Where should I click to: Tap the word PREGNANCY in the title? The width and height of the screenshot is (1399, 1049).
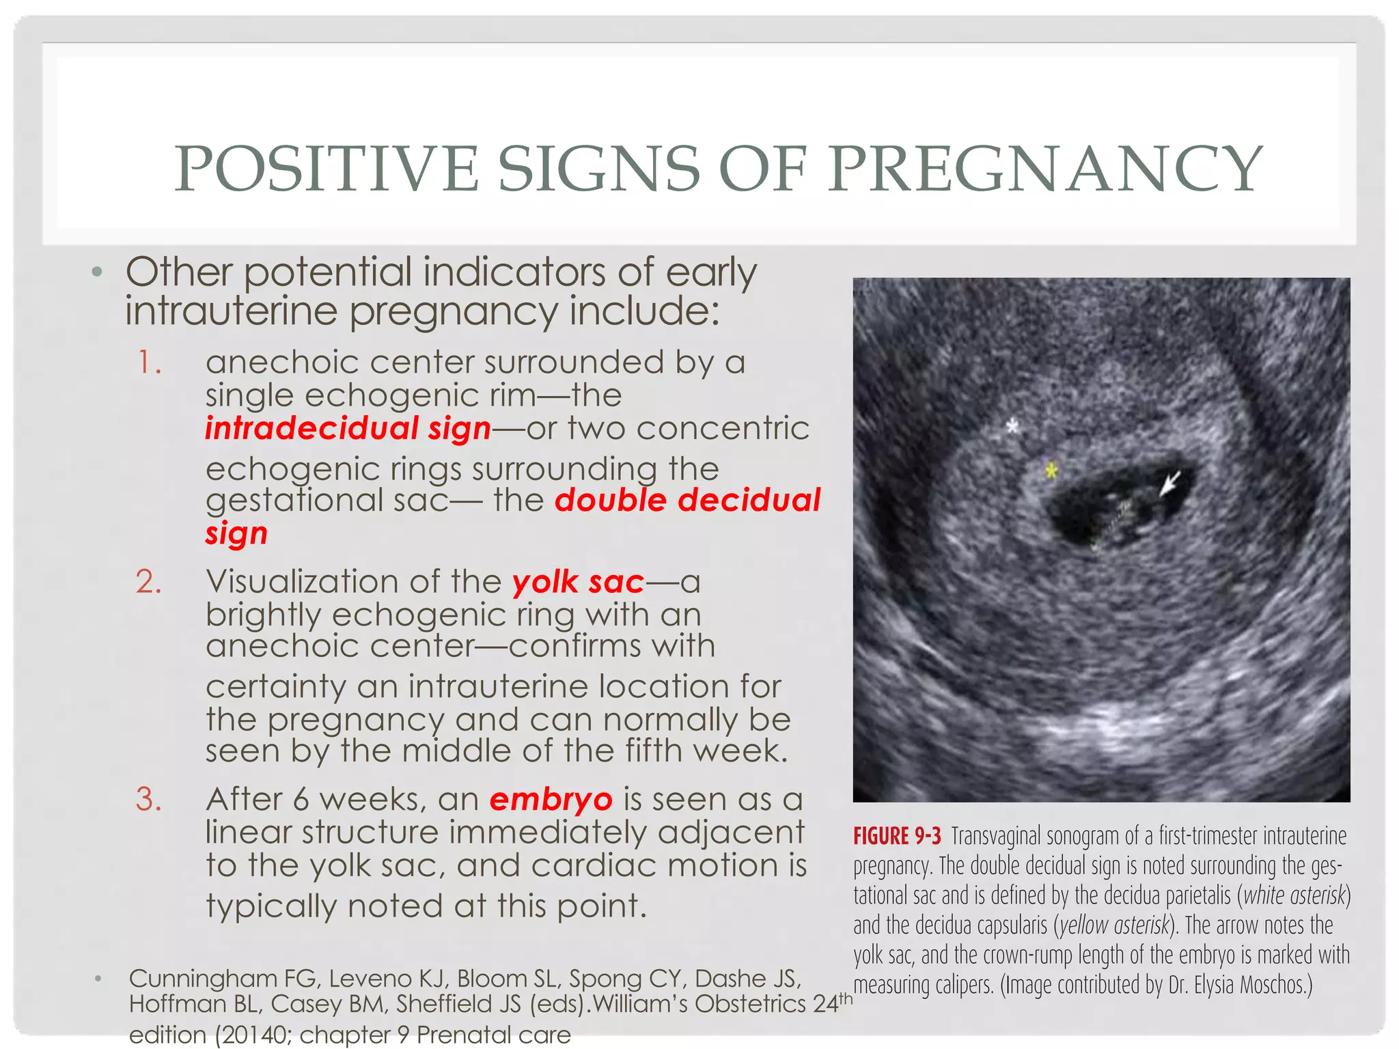pos(1045,169)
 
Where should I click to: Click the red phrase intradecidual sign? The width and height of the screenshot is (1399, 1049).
pos(348,429)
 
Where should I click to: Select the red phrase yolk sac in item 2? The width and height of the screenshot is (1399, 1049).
pos(578,582)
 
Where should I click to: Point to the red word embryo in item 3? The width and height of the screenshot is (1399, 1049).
pos(551,800)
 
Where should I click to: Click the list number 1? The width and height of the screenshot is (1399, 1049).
pos(149,363)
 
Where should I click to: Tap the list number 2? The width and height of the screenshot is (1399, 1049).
pos(149,582)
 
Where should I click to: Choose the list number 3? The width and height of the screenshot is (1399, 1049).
pos(149,800)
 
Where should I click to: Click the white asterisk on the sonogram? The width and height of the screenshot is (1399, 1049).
pos(1012,427)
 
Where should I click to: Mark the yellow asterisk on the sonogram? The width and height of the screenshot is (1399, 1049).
pos(1051,471)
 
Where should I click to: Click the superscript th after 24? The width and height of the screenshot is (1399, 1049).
pos(846,998)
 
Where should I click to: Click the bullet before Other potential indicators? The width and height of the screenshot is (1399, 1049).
pos(97,272)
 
